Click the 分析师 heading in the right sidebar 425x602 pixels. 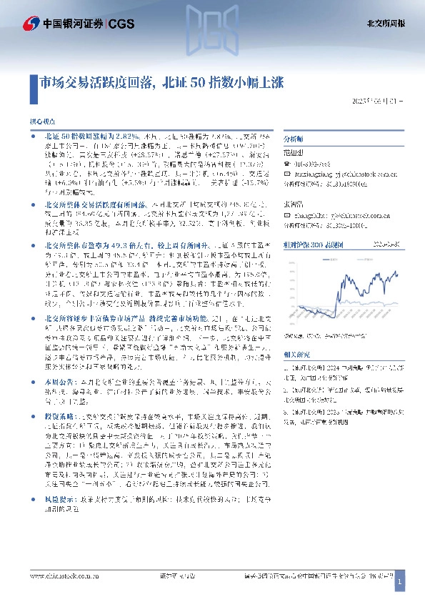(x=293, y=140)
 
